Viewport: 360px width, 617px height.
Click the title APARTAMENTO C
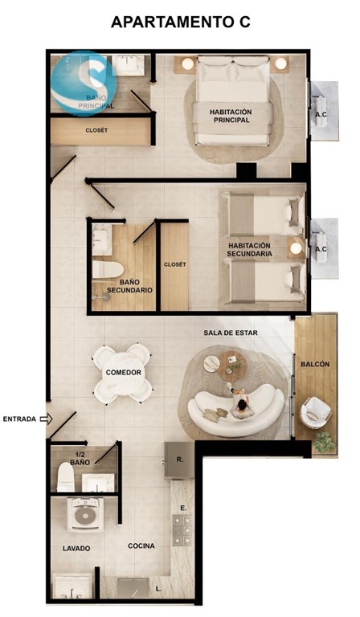181,22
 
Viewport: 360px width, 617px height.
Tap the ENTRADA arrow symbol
47,419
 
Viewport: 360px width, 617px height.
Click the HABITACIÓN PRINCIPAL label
231,116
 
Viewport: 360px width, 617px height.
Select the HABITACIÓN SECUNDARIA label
249,250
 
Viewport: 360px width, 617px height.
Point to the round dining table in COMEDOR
123,372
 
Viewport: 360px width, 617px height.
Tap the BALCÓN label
315,365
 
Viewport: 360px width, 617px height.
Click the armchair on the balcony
315,412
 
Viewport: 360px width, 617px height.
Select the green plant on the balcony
325,442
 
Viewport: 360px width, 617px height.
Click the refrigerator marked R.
179,460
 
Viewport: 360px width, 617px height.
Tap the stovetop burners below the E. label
182,529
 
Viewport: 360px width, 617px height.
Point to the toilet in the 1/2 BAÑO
65,476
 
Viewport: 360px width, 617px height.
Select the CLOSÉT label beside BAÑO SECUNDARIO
174,264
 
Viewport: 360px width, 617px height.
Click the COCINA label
141,545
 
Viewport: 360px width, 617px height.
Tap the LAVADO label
76,548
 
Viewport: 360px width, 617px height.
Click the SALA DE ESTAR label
231,333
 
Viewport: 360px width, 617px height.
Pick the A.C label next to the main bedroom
321,116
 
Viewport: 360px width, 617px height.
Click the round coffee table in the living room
232,366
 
